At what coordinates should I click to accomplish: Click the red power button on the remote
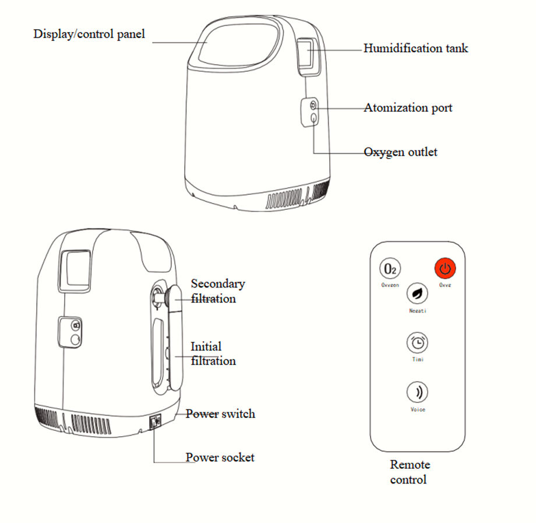[445, 269]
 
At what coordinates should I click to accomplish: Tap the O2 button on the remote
[390, 269]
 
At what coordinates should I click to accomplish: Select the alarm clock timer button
[417, 342]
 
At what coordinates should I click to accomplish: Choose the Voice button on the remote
[417, 391]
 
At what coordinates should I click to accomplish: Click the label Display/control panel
[89, 33]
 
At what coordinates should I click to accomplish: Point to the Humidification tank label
[415, 48]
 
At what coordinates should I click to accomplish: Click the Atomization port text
[408, 108]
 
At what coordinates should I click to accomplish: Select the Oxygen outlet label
[400, 152]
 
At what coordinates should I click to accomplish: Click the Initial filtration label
[213, 353]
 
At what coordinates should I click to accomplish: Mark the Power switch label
[220, 414]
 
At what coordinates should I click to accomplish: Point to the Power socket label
[220, 457]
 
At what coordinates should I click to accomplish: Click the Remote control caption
[410, 472]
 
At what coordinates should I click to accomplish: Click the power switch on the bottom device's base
[156, 421]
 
